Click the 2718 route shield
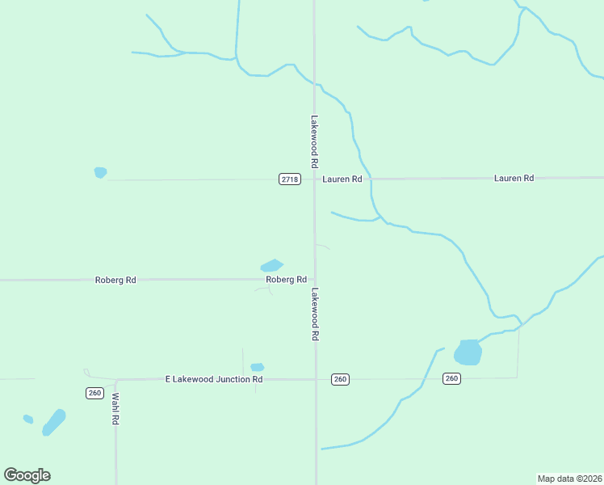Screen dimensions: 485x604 pyautogui.click(x=290, y=179)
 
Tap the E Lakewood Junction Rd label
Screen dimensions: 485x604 pyautogui.click(x=214, y=378)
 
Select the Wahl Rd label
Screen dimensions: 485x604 pyautogui.click(x=115, y=409)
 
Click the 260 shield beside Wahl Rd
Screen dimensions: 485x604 pyautogui.click(x=94, y=393)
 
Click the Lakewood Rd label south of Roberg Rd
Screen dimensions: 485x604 pyautogui.click(x=315, y=314)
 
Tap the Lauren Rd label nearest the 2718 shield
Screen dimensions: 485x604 pyautogui.click(x=342, y=179)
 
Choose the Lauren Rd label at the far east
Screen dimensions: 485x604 pyautogui.click(x=514, y=178)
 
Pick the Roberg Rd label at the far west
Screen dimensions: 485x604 pyautogui.click(x=115, y=280)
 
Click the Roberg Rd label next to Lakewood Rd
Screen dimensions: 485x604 pyautogui.click(x=287, y=280)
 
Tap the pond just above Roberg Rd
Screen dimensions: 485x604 pyautogui.click(x=271, y=265)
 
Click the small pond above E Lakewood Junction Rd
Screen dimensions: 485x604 pyautogui.click(x=258, y=367)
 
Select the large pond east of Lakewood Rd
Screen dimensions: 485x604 pyautogui.click(x=468, y=352)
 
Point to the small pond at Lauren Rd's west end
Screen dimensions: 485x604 pyautogui.click(x=100, y=172)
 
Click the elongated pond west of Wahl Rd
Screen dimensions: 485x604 pyautogui.click(x=53, y=422)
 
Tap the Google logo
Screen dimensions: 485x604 pyautogui.click(x=27, y=475)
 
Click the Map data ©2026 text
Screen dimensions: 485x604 pyautogui.click(x=570, y=479)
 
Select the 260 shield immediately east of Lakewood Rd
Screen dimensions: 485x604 pyautogui.click(x=340, y=379)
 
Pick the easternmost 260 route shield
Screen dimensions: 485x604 pyautogui.click(x=451, y=378)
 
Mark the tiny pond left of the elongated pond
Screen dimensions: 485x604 pyautogui.click(x=28, y=419)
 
